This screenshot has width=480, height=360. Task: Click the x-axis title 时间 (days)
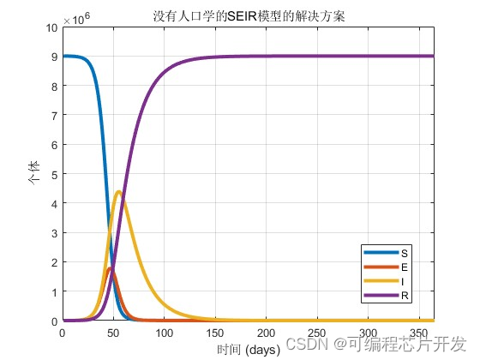click(x=248, y=349)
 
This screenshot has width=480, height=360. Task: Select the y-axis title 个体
click(x=33, y=175)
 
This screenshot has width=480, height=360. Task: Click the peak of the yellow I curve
click(x=118, y=192)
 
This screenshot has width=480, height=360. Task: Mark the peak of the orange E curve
click(x=110, y=268)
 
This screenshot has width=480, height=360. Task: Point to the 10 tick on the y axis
click(x=51, y=28)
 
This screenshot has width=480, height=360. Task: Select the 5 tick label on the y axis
click(x=54, y=175)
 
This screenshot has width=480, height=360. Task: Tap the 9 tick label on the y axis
click(x=54, y=57)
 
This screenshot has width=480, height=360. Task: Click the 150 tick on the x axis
click(x=214, y=333)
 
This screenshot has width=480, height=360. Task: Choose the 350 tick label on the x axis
click(x=418, y=333)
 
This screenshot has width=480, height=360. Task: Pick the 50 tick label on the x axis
click(x=112, y=333)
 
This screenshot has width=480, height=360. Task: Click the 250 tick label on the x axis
click(x=316, y=333)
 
